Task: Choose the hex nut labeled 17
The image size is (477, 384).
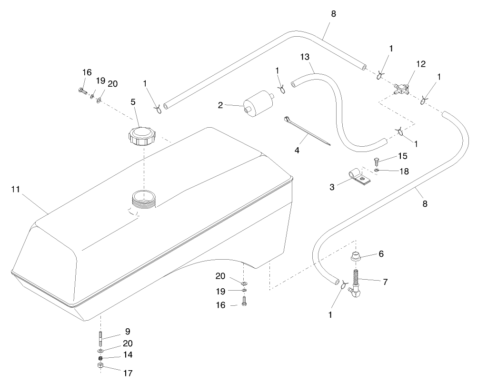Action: point(100,366)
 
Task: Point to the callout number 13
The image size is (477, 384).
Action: point(305,57)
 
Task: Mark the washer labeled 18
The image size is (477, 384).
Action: point(376,170)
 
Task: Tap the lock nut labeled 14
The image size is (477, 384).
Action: point(100,358)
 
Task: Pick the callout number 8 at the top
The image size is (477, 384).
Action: point(333,14)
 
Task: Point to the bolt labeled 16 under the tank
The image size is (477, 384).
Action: point(244,301)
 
